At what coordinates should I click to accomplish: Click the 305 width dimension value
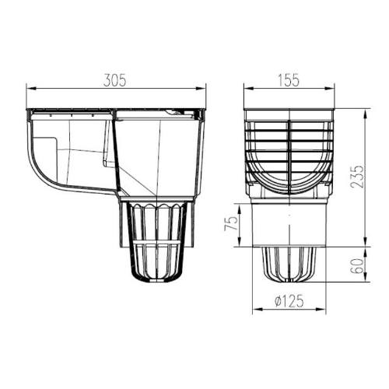point(114,80)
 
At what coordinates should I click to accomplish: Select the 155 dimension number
point(289,80)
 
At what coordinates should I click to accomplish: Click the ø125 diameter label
point(289,301)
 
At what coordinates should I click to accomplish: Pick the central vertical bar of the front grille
point(289,156)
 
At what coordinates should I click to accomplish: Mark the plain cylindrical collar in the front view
point(289,222)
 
